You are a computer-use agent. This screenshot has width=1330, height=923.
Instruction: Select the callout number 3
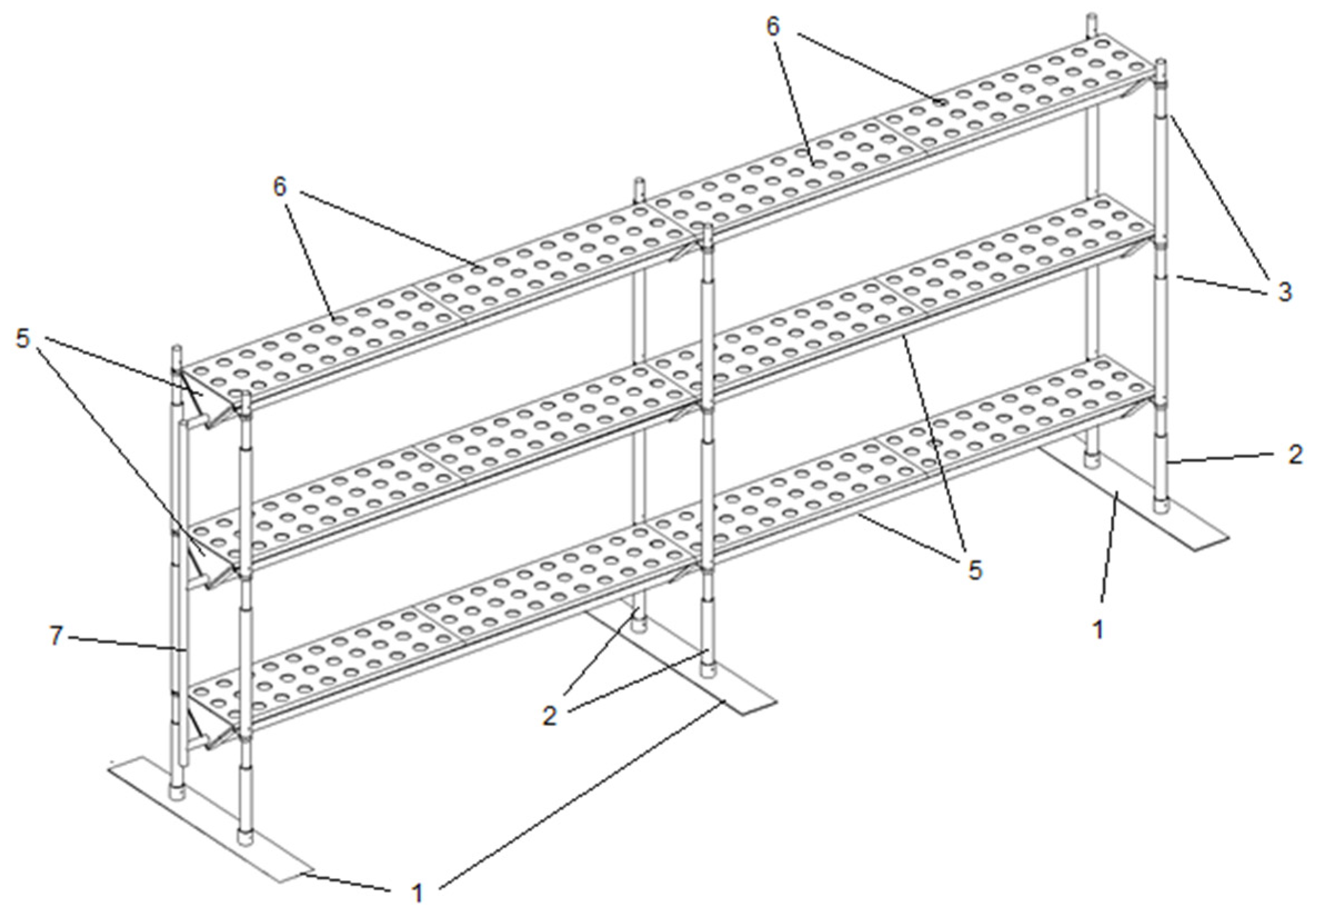coord(1284,291)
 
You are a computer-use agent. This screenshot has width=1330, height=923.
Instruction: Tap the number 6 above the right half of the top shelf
coord(773,27)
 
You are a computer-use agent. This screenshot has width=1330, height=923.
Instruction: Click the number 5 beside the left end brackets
coord(22,339)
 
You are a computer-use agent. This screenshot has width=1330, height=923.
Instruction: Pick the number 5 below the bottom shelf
coord(975,569)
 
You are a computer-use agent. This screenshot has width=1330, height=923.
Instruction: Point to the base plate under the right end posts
coord(1133,497)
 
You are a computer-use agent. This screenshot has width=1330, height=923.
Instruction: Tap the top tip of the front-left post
coord(245,391)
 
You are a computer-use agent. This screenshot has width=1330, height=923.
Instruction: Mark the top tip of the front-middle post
coord(706,225)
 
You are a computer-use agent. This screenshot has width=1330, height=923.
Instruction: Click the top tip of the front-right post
coord(1160,60)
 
